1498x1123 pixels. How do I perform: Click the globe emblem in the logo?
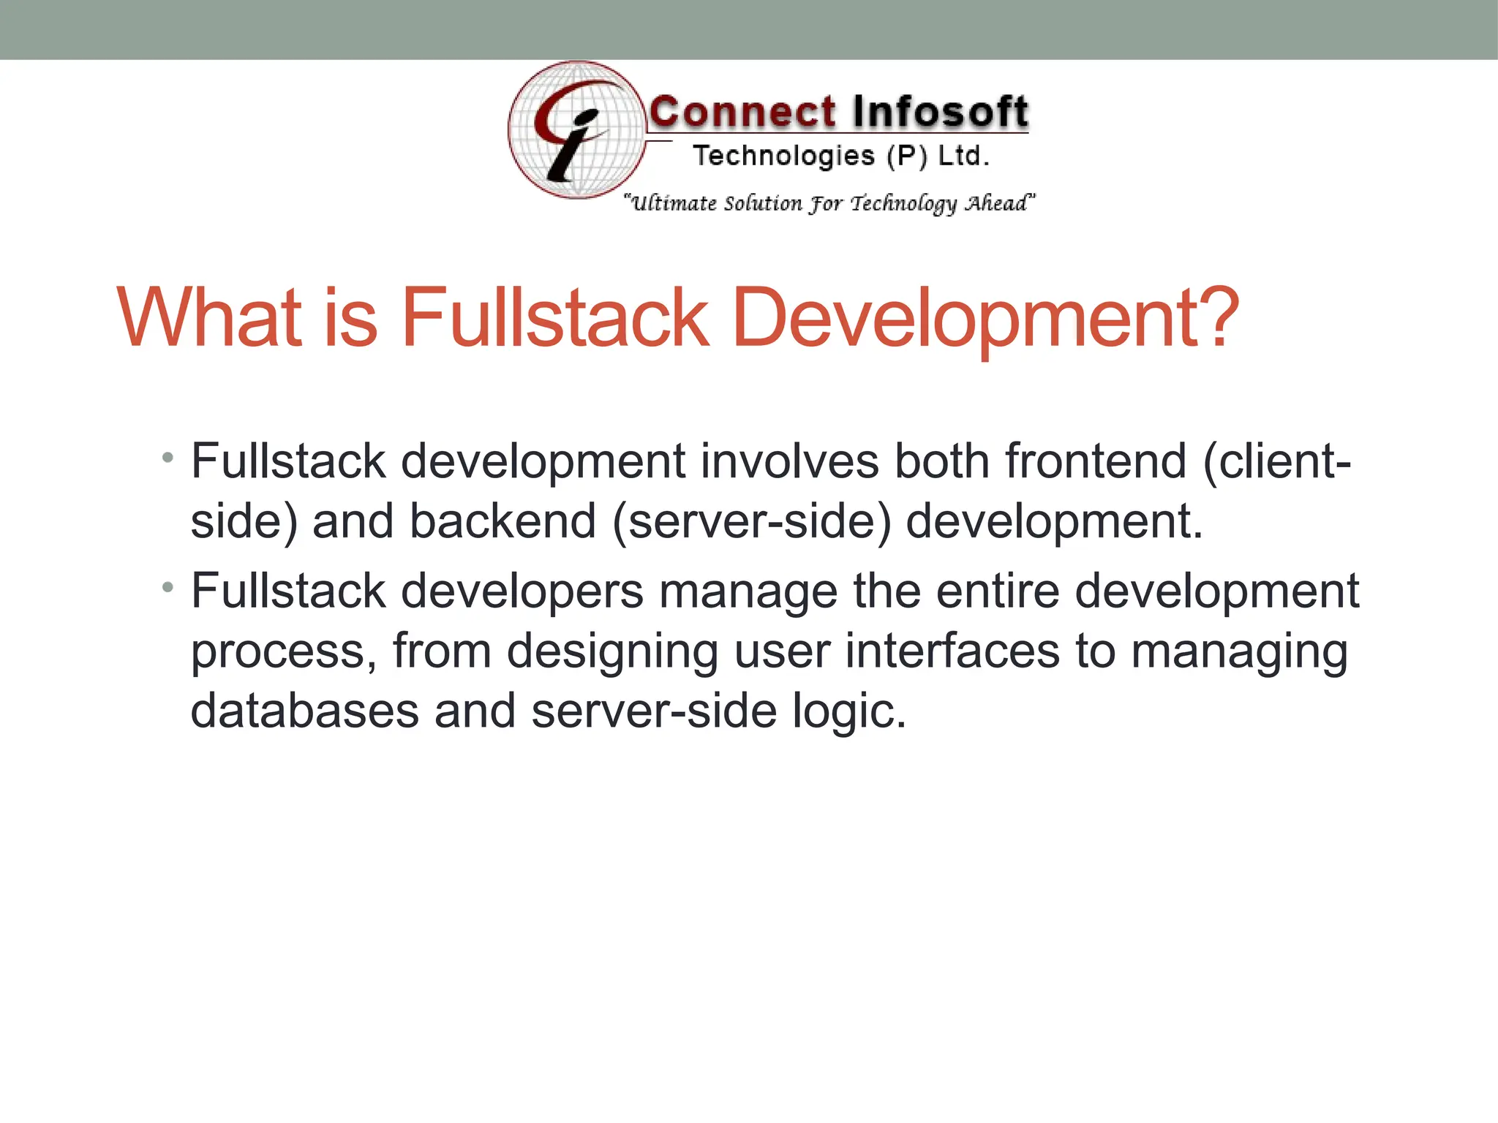click(x=577, y=130)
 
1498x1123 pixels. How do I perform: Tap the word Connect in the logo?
click(x=742, y=113)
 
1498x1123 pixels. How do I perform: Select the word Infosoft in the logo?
click(x=940, y=113)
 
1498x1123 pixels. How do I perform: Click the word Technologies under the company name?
click(x=783, y=156)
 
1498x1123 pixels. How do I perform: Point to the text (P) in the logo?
click(x=907, y=156)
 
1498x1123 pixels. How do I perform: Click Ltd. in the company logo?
click(x=963, y=156)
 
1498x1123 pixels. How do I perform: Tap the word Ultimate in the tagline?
click(x=674, y=203)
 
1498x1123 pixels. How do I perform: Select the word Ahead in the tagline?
click(x=1000, y=203)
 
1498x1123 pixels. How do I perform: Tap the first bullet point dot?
click(x=168, y=458)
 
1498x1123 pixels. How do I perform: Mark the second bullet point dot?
click(x=168, y=587)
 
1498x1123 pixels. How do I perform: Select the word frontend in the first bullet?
click(x=1096, y=461)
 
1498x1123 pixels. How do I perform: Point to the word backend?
click(x=503, y=521)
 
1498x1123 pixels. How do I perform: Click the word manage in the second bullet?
click(x=748, y=591)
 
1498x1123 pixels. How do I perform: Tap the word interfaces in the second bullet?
click(x=952, y=651)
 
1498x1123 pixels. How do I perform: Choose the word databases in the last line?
click(x=304, y=711)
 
